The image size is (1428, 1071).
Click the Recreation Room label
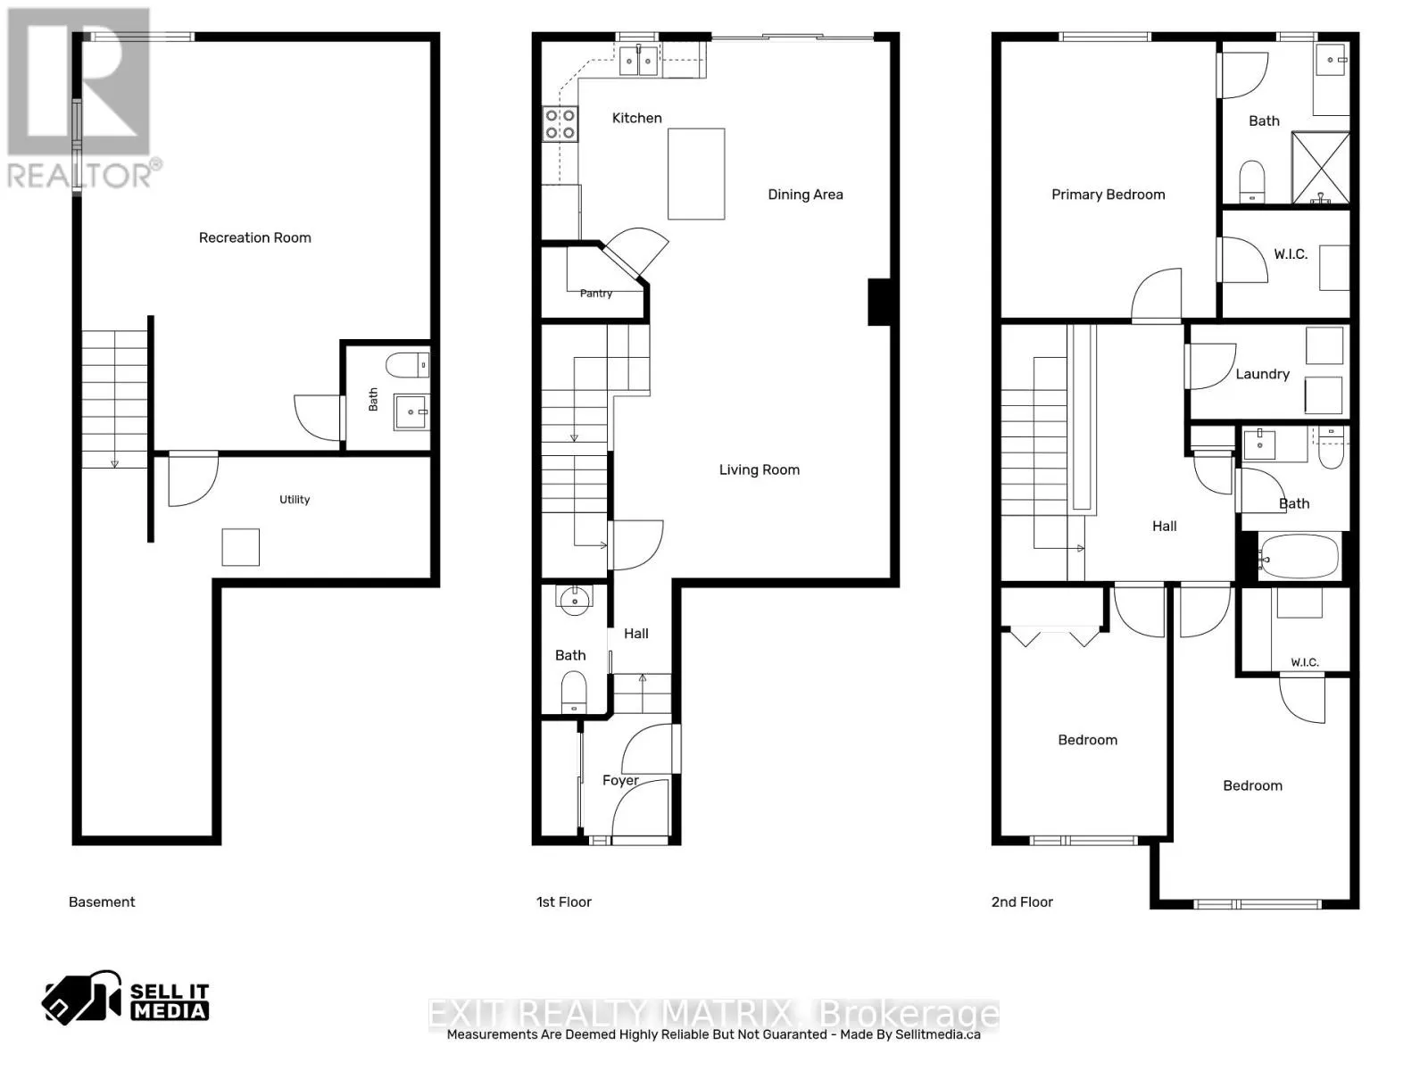point(254,238)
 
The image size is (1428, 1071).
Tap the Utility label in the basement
point(294,500)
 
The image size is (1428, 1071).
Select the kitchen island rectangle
point(696,174)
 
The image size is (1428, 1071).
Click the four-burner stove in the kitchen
point(560,124)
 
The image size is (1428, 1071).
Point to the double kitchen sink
point(638,61)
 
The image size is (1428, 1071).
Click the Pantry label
point(596,294)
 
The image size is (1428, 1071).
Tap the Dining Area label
point(805,195)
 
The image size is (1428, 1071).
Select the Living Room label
point(760,470)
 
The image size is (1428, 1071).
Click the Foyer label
point(620,780)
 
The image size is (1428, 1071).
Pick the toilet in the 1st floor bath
point(574,693)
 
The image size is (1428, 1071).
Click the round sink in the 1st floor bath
point(575,598)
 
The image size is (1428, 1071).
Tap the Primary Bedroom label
point(1108,195)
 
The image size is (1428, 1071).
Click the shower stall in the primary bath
point(1321,168)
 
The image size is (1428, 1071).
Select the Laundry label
point(1262,374)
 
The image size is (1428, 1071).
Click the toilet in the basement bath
point(407,365)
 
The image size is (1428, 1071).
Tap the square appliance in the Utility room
point(241,547)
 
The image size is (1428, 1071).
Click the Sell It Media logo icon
point(81,999)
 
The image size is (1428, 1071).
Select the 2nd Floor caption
point(1021,902)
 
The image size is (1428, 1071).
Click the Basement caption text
point(102,902)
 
